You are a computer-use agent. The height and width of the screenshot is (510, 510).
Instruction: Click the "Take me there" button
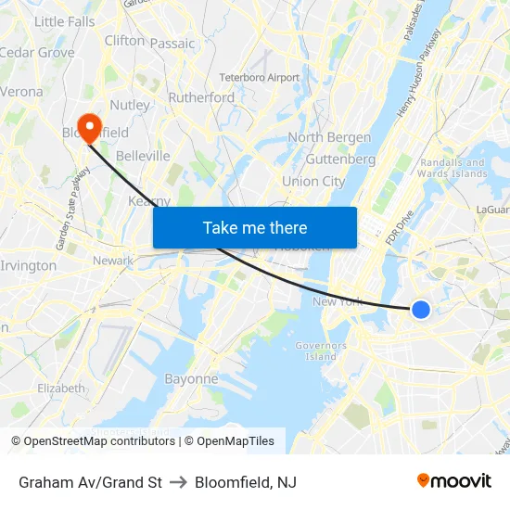coord(255,227)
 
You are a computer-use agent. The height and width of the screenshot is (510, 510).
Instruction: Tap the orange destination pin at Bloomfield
coord(90,128)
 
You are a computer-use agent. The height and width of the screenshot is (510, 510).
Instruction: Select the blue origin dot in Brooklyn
coord(420,310)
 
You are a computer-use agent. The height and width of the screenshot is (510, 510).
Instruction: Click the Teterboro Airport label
coord(259,77)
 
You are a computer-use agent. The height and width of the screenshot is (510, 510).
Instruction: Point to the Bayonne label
coord(191,378)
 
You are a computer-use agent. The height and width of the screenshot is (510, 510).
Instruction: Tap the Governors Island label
coord(321,351)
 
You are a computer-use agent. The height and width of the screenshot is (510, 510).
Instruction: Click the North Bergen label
coord(329,137)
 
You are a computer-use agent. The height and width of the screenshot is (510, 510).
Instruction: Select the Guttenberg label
coord(340,159)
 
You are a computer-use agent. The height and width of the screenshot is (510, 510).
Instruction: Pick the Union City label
coord(313,181)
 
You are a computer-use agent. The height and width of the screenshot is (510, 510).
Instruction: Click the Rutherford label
coord(201,97)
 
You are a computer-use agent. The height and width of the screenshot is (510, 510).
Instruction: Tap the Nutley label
coord(130,105)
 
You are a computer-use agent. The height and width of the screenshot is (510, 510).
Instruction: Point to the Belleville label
coord(143,156)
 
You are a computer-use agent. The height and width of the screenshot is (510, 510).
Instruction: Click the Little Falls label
coord(64,21)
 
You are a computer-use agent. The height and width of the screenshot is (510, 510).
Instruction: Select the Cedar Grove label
coord(37,52)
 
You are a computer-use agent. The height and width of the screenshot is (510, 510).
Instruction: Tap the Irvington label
coord(29,265)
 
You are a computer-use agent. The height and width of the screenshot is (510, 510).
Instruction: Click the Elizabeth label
coord(61,388)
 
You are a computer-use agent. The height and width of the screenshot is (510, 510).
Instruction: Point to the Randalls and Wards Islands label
coord(453,168)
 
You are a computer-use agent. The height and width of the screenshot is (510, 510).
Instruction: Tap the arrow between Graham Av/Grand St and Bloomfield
coord(178,482)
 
